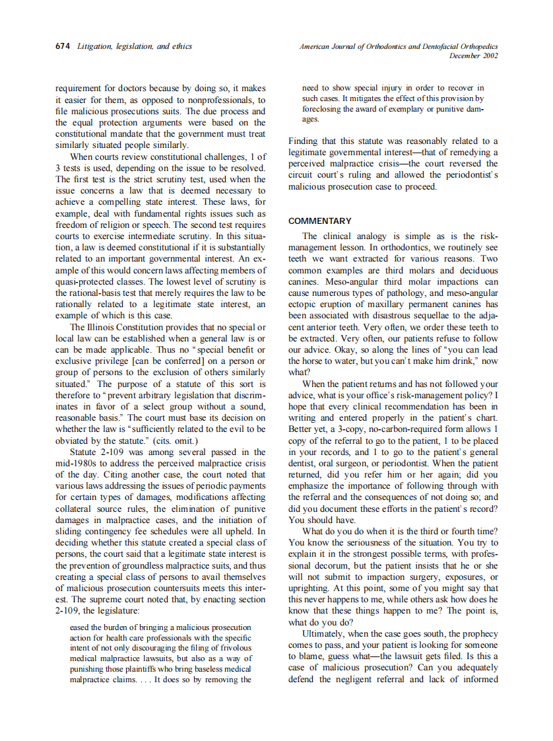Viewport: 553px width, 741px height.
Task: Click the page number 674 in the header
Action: coord(63,47)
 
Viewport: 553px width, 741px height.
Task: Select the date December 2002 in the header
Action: coord(473,56)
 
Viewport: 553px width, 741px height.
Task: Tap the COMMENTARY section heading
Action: coord(320,221)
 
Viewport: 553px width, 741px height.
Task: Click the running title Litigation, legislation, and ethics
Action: coord(135,47)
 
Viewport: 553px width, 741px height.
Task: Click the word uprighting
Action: coord(310,588)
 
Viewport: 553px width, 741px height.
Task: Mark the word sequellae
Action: coord(438,316)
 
